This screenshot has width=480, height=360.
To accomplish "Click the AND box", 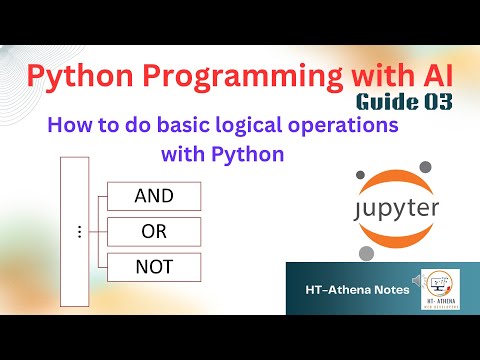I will coord(153,195).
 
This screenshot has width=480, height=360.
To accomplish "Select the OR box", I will coord(153,231).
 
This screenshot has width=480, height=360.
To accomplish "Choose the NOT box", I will coord(153,267).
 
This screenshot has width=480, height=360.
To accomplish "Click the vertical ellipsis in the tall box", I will coord(79,231).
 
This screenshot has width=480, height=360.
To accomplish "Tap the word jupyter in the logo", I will coord(386,212).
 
